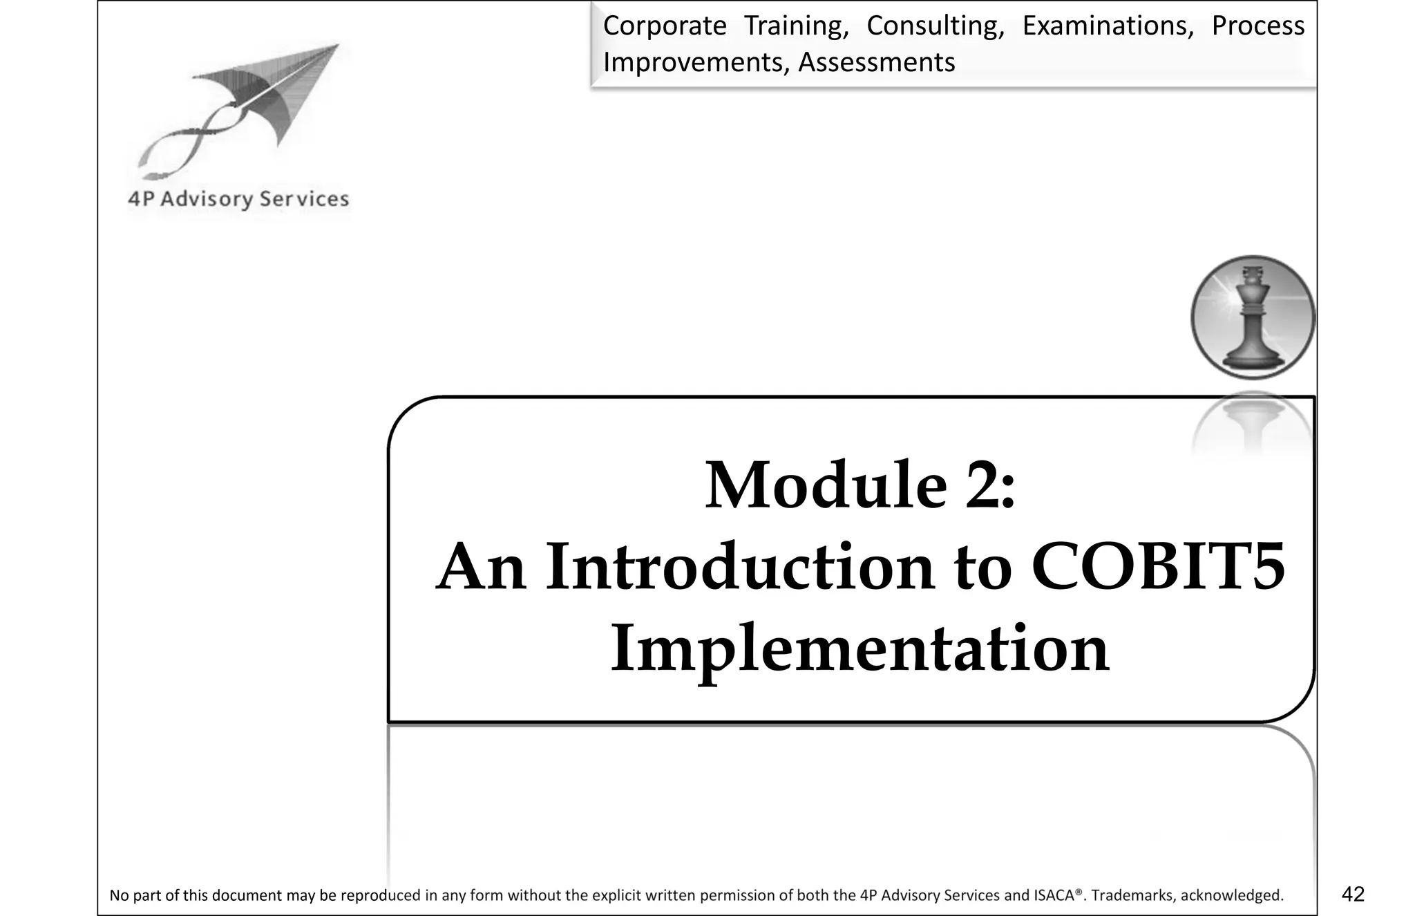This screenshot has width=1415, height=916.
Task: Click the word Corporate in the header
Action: (664, 26)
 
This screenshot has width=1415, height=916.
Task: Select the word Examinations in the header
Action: (1108, 26)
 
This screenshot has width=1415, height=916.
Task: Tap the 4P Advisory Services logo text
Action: (238, 199)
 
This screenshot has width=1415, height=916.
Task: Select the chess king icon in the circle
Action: (1253, 317)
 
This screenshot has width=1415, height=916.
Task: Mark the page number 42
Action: (1353, 895)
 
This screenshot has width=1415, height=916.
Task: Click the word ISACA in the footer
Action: (1054, 896)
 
